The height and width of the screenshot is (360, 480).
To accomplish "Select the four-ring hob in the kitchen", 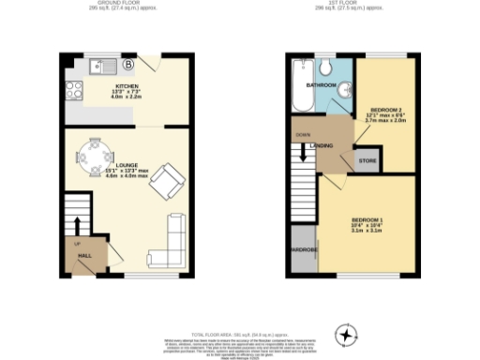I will pyautogui.click(x=73, y=92).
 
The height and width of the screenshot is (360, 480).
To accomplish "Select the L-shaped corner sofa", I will pyautogui.click(x=173, y=241).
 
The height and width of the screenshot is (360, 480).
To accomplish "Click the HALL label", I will pyautogui.click(x=83, y=255).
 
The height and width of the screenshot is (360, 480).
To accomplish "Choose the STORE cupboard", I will pyautogui.click(x=367, y=160).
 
